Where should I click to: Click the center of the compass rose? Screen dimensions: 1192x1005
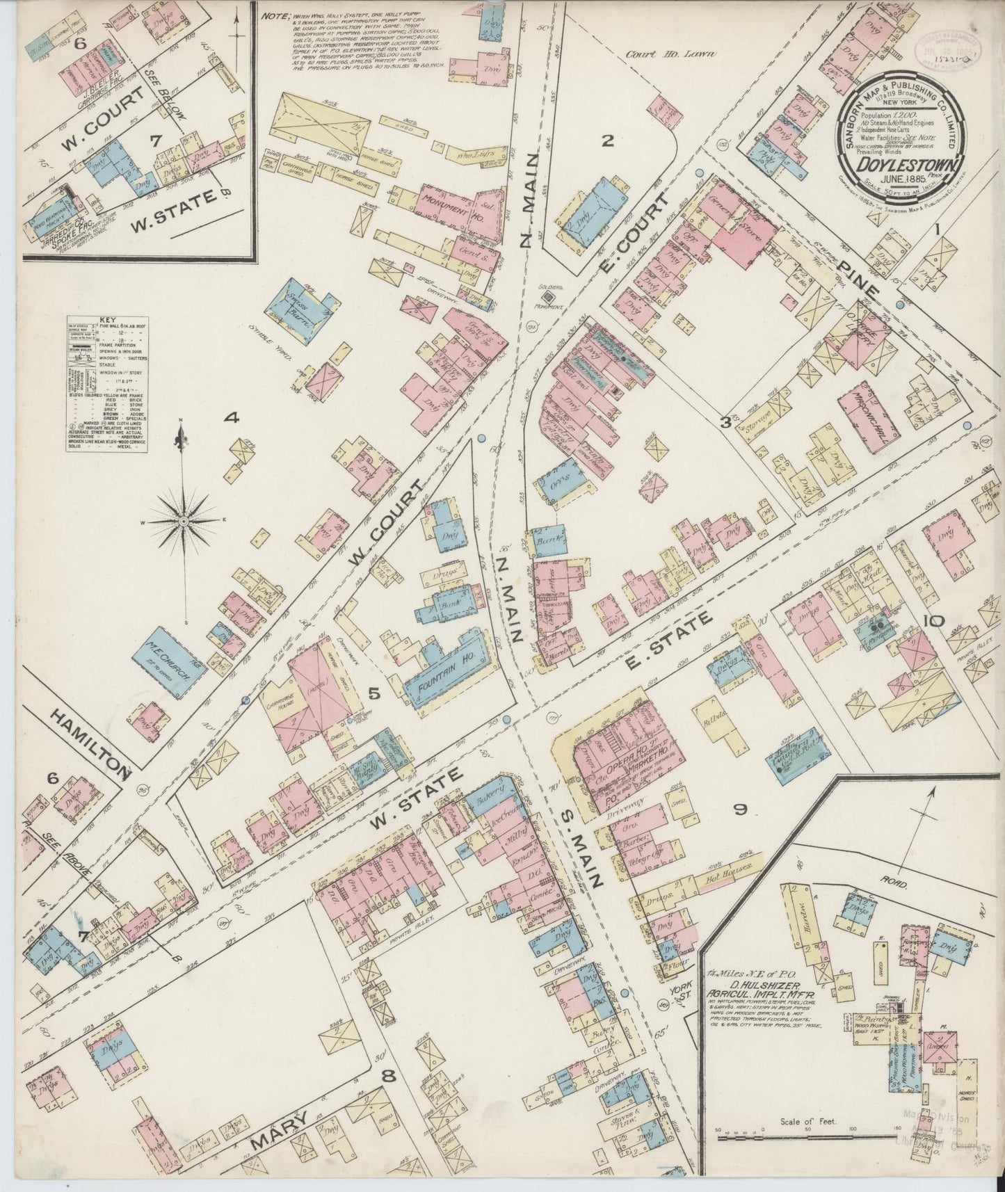(182, 520)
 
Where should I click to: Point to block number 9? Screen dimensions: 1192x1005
(740, 809)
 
